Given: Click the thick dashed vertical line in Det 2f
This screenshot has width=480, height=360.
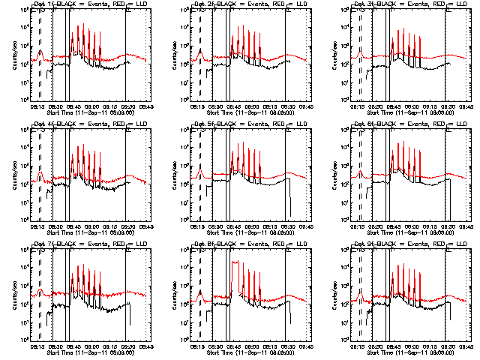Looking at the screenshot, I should tap(200, 60).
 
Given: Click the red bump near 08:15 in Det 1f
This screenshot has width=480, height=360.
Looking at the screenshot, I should tap(40, 52).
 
